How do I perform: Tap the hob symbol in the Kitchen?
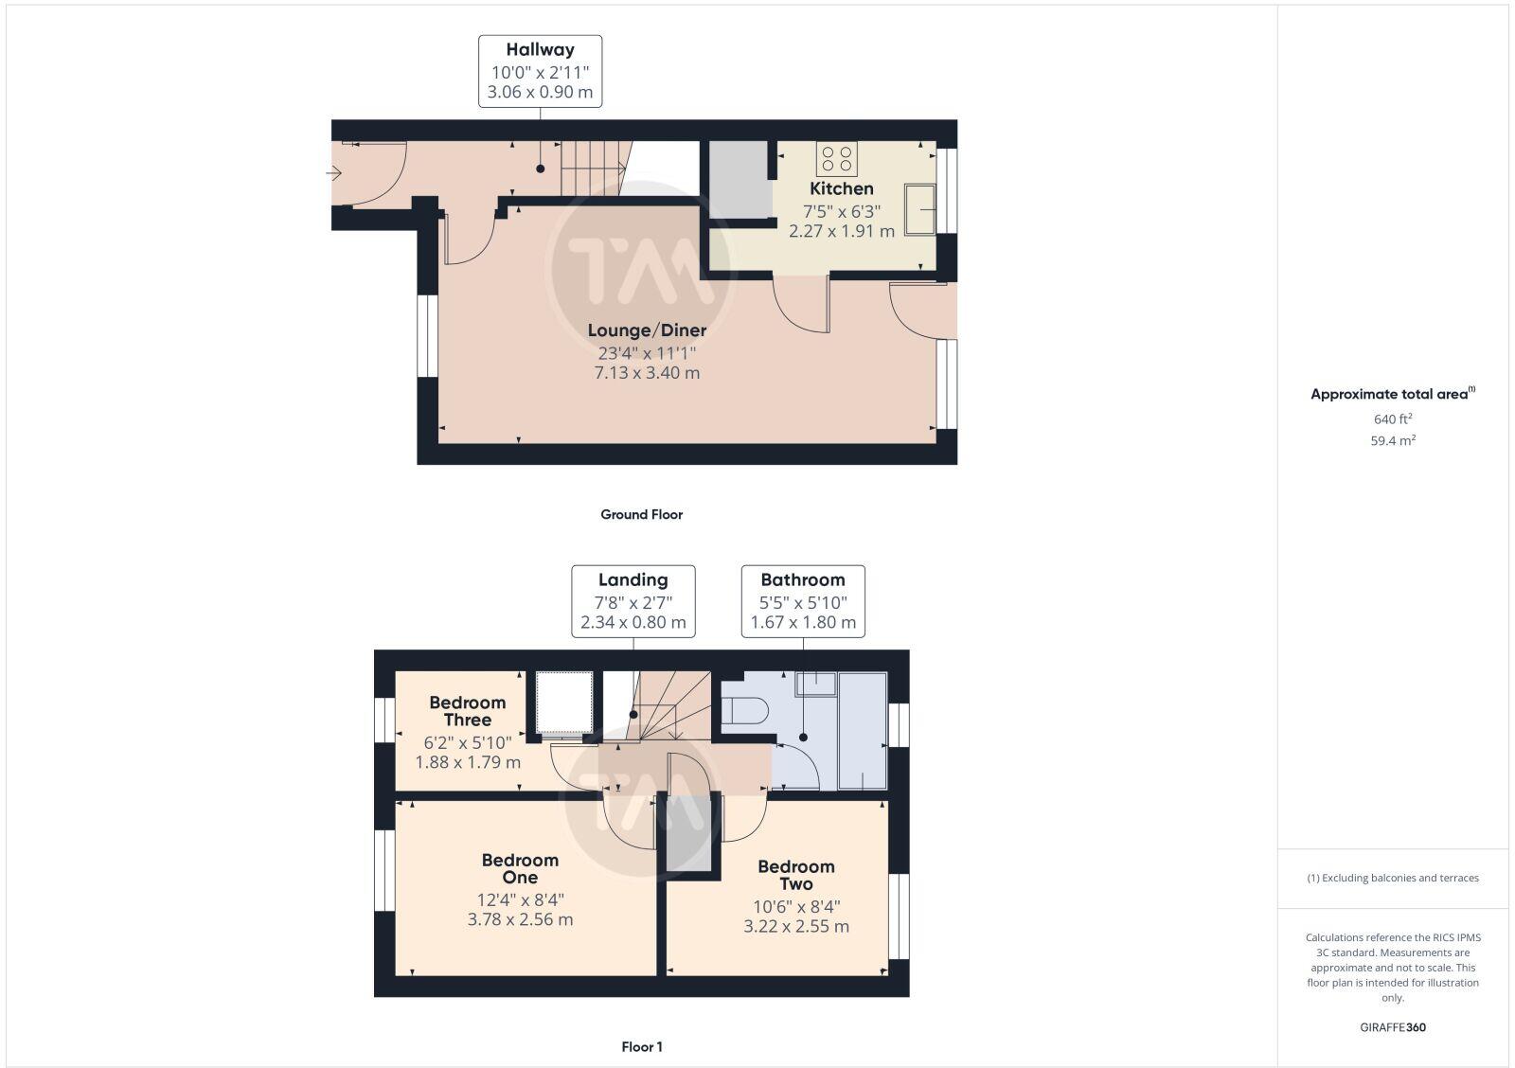click(836, 158)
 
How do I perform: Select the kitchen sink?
click(920, 208)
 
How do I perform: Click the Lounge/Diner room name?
click(647, 330)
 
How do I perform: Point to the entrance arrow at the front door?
click(333, 173)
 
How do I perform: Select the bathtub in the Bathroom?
click(863, 730)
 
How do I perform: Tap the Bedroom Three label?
click(468, 711)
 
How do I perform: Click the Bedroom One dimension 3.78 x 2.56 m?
click(520, 919)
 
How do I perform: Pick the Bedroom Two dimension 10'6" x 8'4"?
click(796, 905)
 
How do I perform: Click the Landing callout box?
click(633, 600)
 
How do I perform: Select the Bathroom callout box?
click(803, 600)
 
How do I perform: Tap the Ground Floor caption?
click(641, 514)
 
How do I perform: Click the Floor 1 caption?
click(641, 1046)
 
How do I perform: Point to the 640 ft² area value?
click(1393, 418)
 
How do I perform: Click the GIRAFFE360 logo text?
click(1393, 1027)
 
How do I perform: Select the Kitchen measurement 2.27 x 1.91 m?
click(842, 231)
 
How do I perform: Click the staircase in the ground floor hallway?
click(593, 168)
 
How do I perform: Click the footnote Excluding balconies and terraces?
click(1393, 878)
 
